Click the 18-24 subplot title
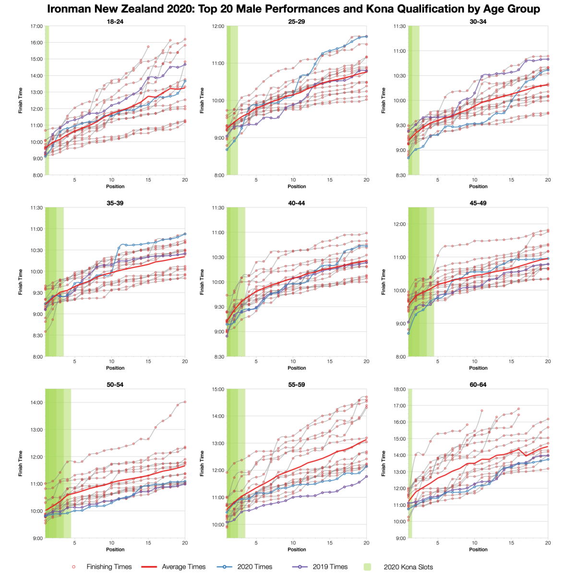tap(115, 22)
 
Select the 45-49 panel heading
tap(478, 203)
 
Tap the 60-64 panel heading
tap(478, 384)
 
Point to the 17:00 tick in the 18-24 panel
tap(36, 26)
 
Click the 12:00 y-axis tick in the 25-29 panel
tap(218, 26)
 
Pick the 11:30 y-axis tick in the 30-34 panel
tap(399, 26)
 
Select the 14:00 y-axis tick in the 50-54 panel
tap(36, 403)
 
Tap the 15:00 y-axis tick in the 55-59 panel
tap(218, 389)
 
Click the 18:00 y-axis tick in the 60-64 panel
tap(399, 389)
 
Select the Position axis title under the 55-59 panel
tap(297, 550)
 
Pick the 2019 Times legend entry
tap(330, 567)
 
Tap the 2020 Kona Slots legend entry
tap(408, 567)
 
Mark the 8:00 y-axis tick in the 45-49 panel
tap(400, 357)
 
